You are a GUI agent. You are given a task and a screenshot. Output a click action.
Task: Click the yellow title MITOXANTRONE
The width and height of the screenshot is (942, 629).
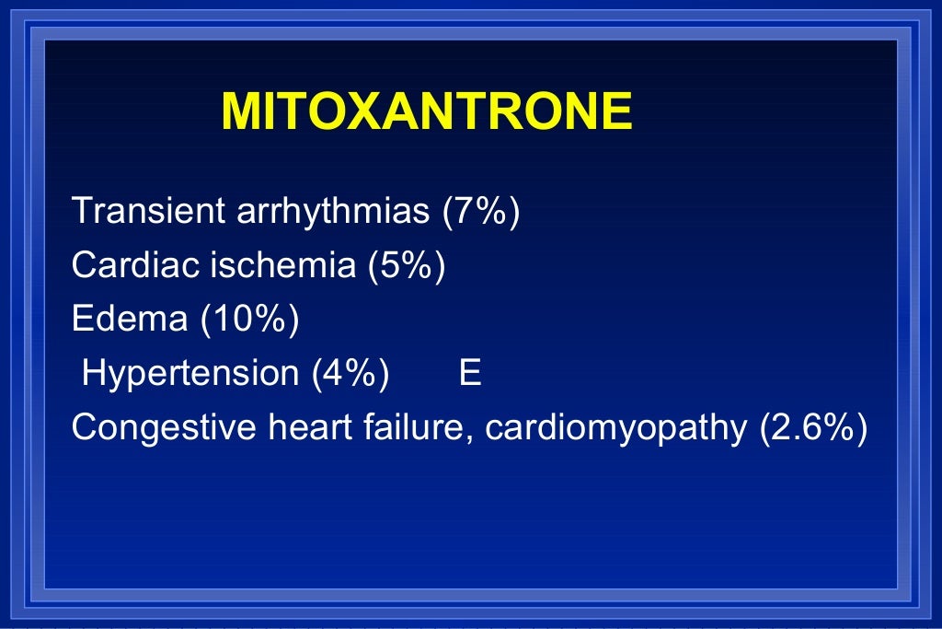tap(427, 112)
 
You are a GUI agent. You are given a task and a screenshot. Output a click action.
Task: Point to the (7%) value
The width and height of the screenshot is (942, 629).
tap(481, 212)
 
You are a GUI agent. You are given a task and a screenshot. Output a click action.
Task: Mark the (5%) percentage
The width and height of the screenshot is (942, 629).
tap(407, 265)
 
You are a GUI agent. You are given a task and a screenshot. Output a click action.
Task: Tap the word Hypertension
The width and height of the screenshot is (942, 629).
tap(190, 374)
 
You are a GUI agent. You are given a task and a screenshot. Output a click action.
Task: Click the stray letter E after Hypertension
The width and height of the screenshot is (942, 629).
tap(469, 374)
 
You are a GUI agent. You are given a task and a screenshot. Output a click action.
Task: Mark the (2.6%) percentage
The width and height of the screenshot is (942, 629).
tap(813, 428)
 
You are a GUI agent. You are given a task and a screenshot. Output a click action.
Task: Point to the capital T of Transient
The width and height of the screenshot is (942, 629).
tap(82, 211)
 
